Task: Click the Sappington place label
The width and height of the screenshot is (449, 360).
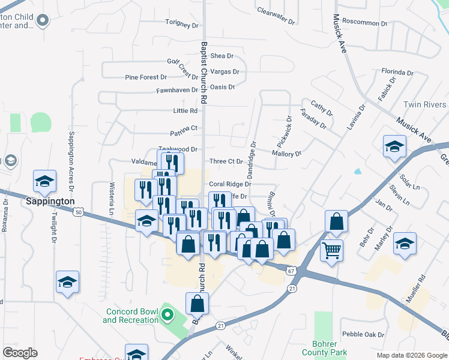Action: (x=50, y=202)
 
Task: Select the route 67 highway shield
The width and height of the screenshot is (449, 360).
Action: (x=291, y=271)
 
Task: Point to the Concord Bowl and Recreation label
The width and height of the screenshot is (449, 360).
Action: (x=131, y=316)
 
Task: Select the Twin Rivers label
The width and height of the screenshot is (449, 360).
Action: (x=425, y=105)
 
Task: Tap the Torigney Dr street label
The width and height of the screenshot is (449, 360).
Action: (x=182, y=25)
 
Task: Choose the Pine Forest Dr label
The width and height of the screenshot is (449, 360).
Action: (x=145, y=77)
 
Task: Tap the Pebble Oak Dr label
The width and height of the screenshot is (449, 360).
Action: (x=363, y=334)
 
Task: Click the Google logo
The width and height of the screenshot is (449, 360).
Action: (x=20, y=353)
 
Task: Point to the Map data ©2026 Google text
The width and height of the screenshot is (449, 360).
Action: (x=411, y=355)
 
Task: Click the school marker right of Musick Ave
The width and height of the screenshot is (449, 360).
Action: (x=394, y=146)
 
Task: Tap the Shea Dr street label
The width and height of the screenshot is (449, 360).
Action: (x=221, y=56)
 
